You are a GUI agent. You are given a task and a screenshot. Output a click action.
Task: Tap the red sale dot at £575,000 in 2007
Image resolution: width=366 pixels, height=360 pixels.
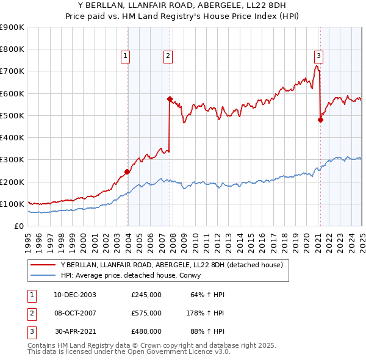(x=170, y=99)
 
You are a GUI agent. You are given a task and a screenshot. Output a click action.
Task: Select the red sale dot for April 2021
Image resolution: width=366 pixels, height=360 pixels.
(x=320, y=120)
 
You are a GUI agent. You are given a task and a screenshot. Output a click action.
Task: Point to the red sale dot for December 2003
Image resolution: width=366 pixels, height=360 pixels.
(x=127, y=171)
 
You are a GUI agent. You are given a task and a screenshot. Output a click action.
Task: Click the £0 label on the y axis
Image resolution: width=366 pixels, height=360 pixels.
(x=20, y=226)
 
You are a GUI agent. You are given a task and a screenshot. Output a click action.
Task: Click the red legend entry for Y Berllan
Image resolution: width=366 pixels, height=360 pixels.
(x=171, y=265)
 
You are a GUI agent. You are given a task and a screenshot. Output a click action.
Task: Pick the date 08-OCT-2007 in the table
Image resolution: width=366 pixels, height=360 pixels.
(x=75, y=313)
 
